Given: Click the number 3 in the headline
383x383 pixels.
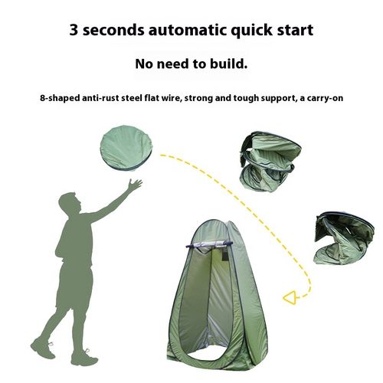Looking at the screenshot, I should (x=75, y=30).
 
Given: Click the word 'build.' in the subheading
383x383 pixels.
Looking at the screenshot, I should (x=231, y=64).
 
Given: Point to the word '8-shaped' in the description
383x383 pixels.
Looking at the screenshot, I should (x=61, y=99).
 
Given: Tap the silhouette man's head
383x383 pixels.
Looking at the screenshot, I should (x=70, y=206).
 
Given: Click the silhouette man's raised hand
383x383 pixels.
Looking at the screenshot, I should (x=135, y=185).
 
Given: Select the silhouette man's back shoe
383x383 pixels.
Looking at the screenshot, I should (x=43, y=349).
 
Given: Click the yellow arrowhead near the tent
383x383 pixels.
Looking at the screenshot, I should (x=289, y=296).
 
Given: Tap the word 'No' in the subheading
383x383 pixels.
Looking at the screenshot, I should (x=145, y=64).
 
